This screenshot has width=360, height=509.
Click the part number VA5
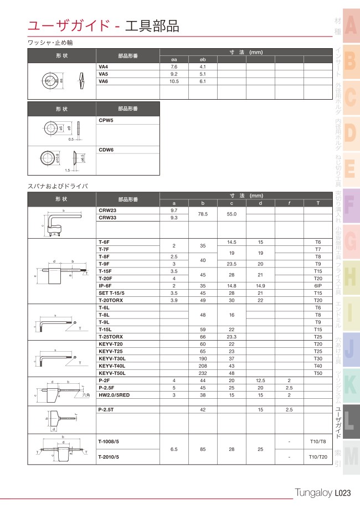(x=104, y=74)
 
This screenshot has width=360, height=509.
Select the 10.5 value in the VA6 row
(x=174, y=81)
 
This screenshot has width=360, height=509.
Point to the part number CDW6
(x=106, y=150)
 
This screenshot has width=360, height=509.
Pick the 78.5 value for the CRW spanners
(x=203, y=214)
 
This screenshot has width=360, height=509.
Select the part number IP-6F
(x=105, y=285)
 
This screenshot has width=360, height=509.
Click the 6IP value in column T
(x=318, y=285)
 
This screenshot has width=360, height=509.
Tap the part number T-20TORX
(x=110, y=300)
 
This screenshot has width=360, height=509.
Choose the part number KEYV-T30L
(x=111, y=359)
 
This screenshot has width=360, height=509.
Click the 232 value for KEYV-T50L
(x=203, y=373)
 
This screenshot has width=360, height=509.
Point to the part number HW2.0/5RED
(x=114, y=395)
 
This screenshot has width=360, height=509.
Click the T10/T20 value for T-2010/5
(x=318, y=457)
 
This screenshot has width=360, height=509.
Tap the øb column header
(x=203, y=59)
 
